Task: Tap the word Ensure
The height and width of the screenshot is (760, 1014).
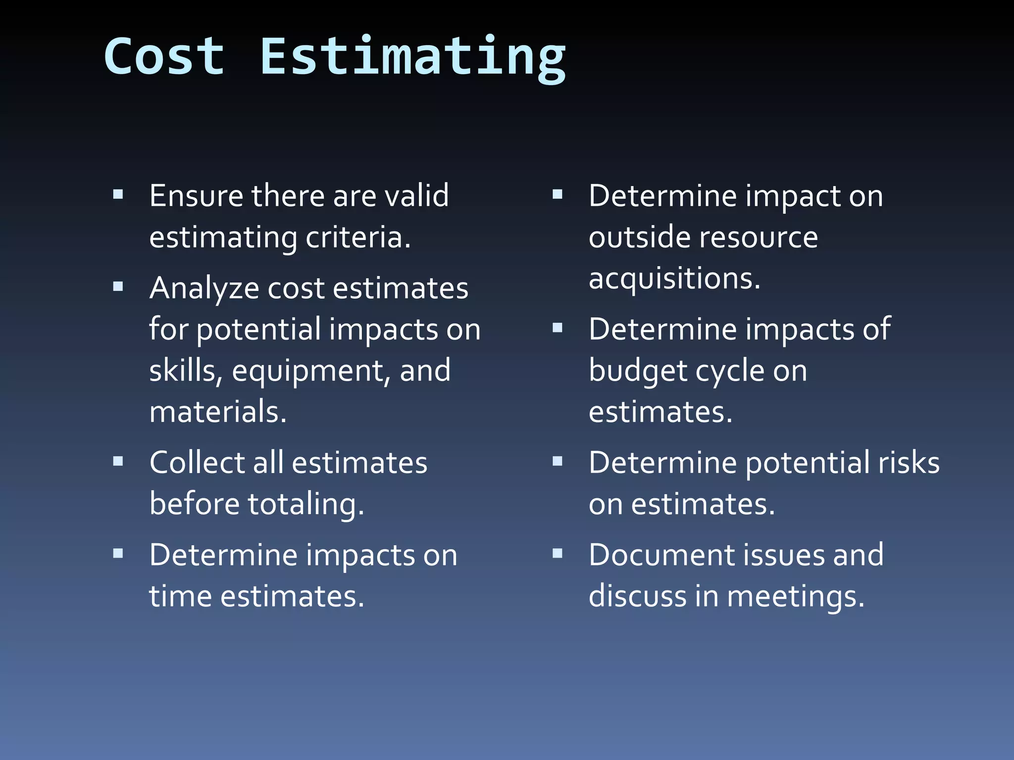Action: pos(196,195)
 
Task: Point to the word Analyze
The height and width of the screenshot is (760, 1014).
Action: pos(204,288)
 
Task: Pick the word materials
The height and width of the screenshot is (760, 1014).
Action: pos(218,412)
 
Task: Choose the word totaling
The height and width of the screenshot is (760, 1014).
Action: pos(305,505)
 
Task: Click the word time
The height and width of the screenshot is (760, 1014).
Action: pos(180,596)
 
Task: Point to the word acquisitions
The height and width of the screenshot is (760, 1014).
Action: pos(674,279)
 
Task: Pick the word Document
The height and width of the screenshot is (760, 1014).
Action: pos(655,555)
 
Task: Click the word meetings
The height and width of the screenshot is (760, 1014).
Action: pos(795,597)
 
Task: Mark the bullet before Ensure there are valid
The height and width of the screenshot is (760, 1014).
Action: pos(118,194)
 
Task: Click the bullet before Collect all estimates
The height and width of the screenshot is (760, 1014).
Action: pos(118,462)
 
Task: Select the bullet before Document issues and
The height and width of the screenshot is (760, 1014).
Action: pos(558,553)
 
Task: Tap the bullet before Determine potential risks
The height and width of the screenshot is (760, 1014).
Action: pos(558,462)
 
